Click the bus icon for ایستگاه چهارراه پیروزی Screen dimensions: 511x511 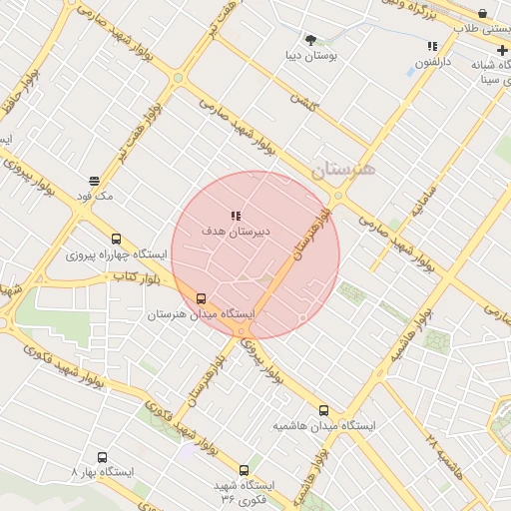[117, 240]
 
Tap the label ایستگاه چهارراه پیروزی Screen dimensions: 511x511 [118, 255]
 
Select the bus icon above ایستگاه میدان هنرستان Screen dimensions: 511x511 [202, 298]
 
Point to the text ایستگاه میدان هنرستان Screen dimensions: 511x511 [202, 314]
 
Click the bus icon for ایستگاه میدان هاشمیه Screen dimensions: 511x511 [323, 410]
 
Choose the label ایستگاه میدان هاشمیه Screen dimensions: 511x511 [324, 426]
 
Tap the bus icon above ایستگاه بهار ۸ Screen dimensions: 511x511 [102, 458]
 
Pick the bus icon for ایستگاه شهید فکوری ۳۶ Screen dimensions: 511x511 [244, 470]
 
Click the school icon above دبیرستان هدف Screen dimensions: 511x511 [236, 216]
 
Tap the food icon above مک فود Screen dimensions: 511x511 [94, 181]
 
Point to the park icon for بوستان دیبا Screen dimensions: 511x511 [310, 40]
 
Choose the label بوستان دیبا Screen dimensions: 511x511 [310, 56]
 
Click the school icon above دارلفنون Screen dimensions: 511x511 [432, 46]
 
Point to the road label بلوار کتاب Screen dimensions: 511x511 [138, 274]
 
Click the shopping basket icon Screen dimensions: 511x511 [484, 13]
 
